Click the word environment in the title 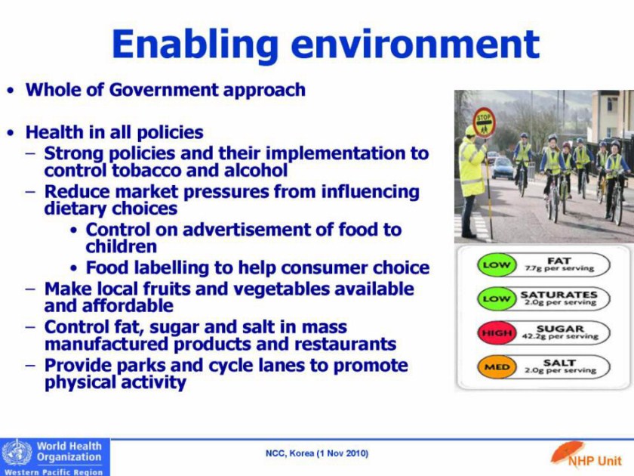click(415, 44)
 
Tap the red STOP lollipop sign click(484, 122)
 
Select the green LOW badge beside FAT click(494, 265)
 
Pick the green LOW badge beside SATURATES click(494, 299)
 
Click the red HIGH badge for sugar click(497, 333)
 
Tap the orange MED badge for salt click(497, 367)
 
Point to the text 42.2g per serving click(560, 336)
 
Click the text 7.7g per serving click(559, 268)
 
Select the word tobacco click(146, 171)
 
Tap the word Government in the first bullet click(163, 90)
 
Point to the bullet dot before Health click(11, 133)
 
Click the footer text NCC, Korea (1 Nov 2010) click(317, 453)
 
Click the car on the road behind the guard click(503, 168)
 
